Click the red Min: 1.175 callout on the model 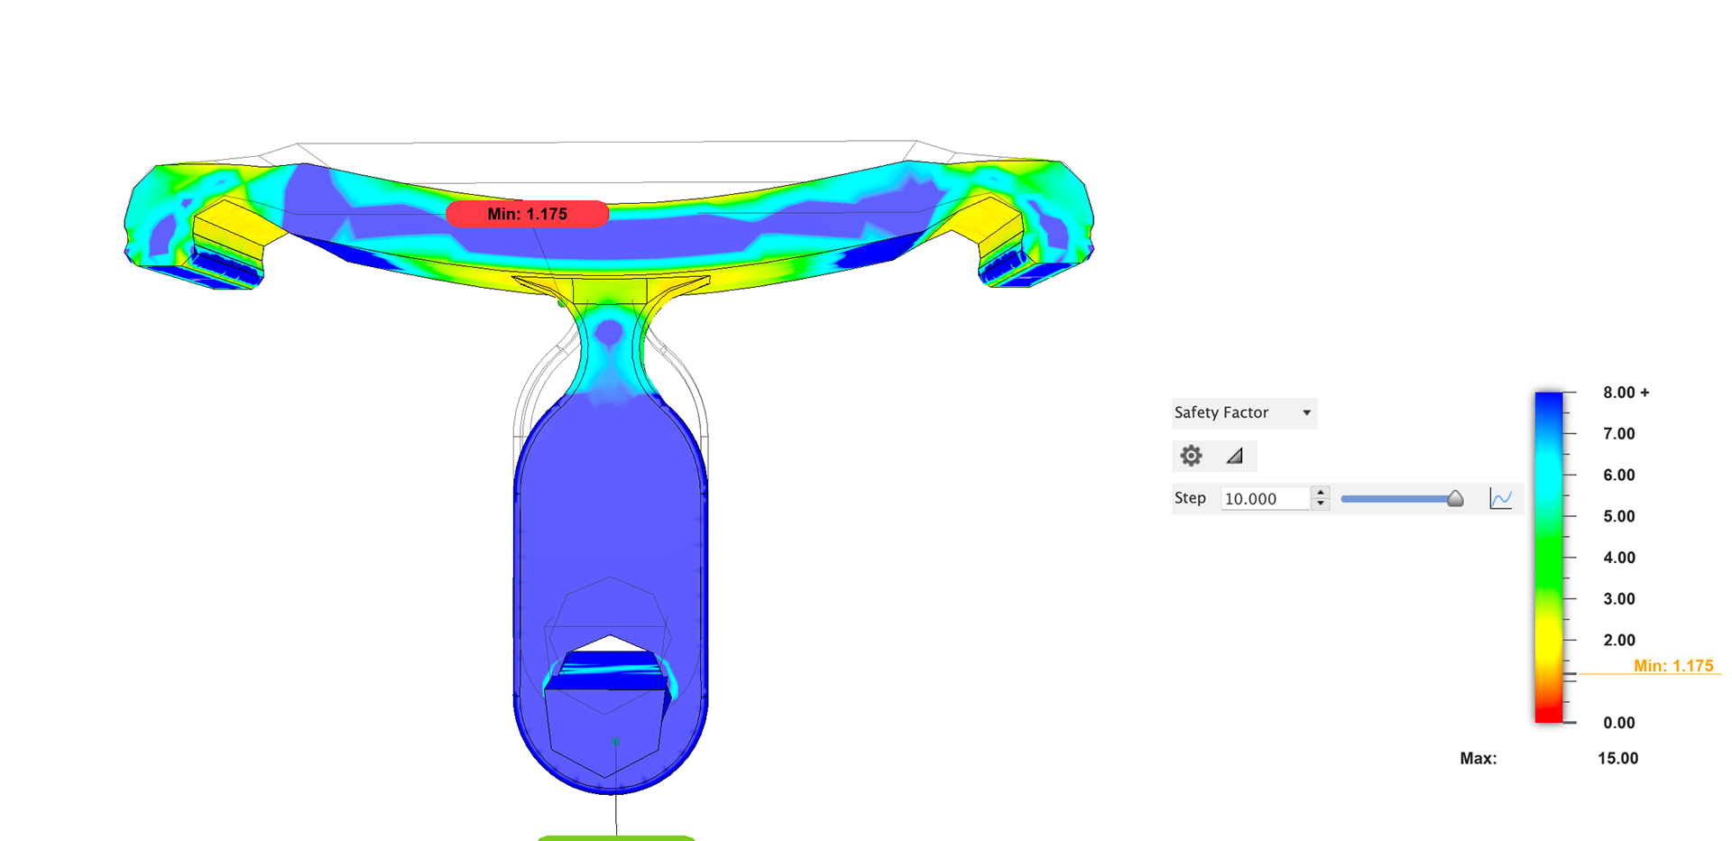point(528,214)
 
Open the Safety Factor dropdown point(1244,412)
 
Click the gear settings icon point(1191,456)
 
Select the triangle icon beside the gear point(1234,456)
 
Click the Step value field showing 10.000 point(1265,498)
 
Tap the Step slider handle point(1455,498)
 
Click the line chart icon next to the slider point(1501,498)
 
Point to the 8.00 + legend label point(1626,393)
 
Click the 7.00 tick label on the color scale point(1618,434)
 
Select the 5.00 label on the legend point(1618,516)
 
